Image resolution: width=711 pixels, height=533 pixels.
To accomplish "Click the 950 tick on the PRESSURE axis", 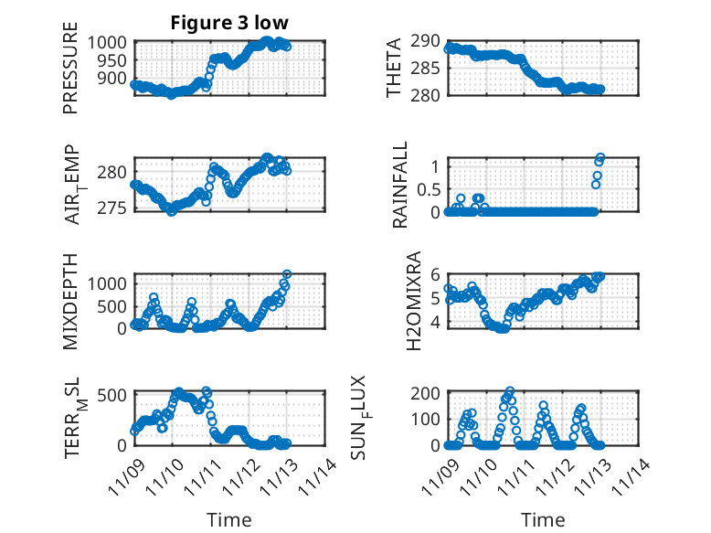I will click(117, 60).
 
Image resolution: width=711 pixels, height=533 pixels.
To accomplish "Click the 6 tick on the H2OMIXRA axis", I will click(435, 274).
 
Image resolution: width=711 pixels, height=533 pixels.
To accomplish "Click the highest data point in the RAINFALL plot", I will click(600, 157).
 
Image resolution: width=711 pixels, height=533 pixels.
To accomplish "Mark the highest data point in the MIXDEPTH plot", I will click(287, 274).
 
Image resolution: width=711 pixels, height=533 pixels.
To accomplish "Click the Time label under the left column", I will click(228, 520).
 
